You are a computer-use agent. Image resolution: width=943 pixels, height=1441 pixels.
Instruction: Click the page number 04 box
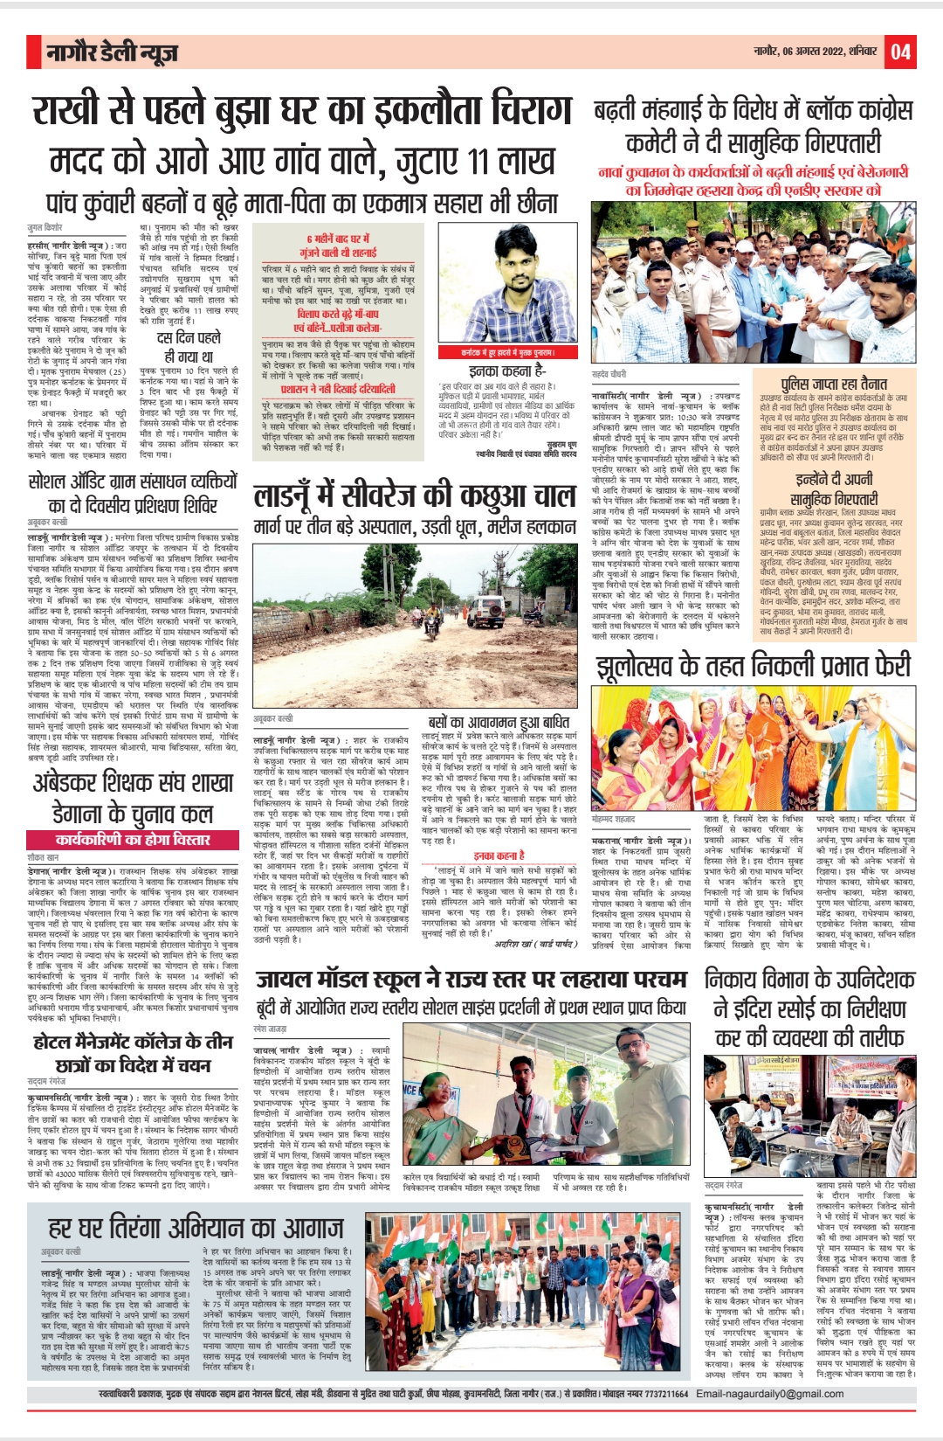point(901,53)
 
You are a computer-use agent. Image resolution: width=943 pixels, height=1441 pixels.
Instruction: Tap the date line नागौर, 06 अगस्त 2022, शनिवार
point(816,52)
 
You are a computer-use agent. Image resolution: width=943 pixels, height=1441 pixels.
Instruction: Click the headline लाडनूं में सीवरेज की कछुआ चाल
point(415,496)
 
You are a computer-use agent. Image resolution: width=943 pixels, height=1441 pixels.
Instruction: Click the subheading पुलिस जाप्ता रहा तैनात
point(834,384)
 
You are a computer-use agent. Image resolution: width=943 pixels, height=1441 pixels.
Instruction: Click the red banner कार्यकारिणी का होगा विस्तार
point(133,839)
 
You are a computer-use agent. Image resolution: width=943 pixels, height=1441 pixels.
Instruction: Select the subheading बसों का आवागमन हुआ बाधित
point(499,723)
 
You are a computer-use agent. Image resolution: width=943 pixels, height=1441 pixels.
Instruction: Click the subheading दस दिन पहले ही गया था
point(189,347)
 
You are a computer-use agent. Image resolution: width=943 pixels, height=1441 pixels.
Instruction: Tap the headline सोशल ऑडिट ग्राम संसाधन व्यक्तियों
point(133,481)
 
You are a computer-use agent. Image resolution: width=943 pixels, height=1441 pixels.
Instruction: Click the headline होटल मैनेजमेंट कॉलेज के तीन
point(133,1042)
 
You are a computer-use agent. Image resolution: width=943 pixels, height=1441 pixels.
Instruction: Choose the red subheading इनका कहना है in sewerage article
point(499,856)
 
